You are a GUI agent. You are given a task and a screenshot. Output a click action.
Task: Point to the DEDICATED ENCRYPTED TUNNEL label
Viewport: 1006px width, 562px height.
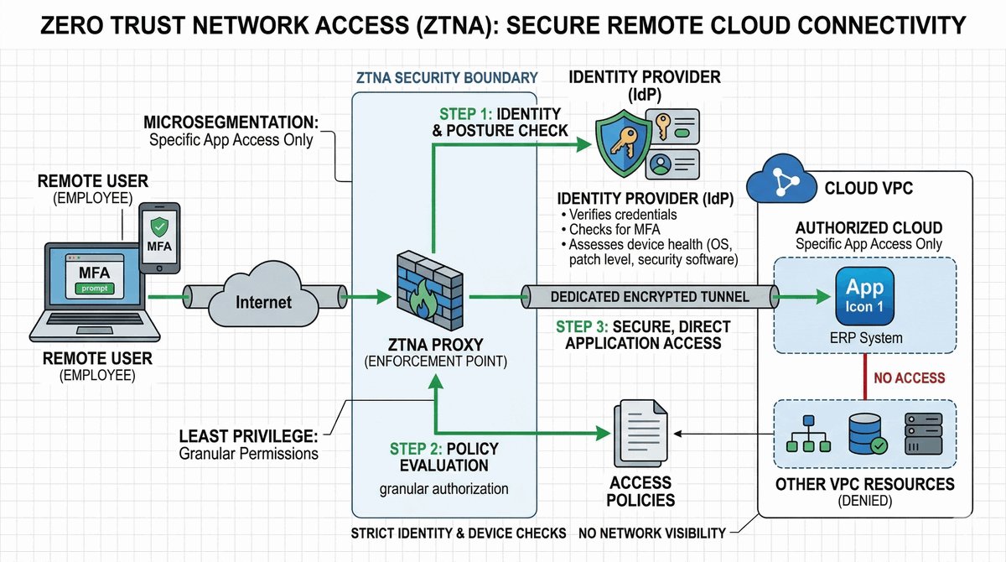tap(650, 297)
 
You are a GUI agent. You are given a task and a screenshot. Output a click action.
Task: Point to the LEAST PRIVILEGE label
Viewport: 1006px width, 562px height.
tap(249, 437)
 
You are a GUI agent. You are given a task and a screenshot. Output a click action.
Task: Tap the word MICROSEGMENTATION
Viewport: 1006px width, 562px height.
tap(228, 122)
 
